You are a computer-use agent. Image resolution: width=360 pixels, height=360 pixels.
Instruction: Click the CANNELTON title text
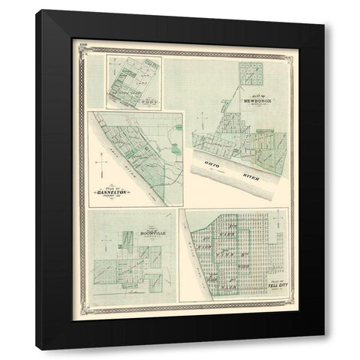point(112,192)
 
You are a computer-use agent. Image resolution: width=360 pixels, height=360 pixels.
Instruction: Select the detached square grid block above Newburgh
point(249,73)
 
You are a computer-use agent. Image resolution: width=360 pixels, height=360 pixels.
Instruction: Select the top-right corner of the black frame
point(323,25)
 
